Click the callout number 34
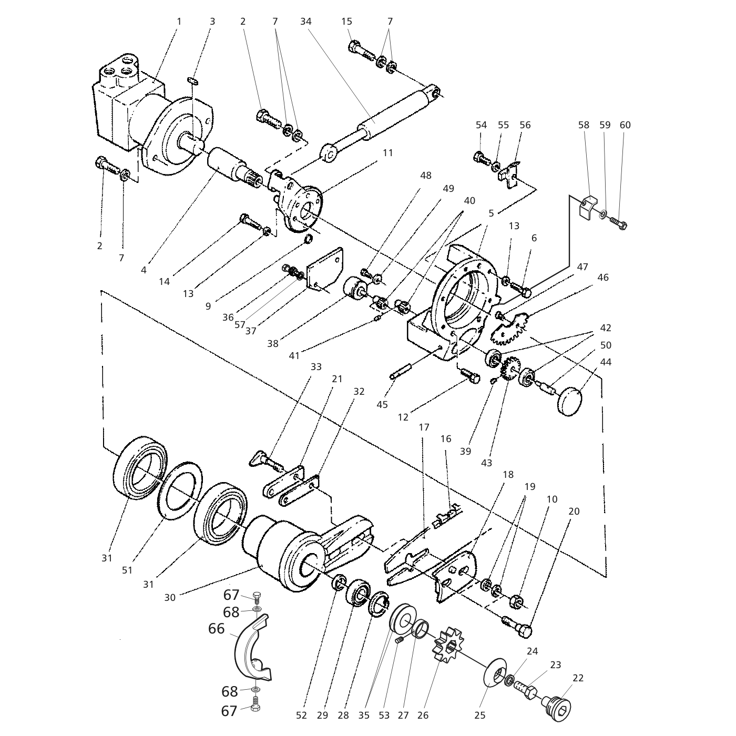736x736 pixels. tap(306, 22)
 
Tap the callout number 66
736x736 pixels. tap(217, 629)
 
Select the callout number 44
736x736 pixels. tap(606, 362)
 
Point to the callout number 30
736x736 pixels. tap(169, 598)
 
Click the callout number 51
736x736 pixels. tap(127, 570)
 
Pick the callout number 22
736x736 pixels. tap(578, 678)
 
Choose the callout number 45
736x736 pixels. tap(382, 404)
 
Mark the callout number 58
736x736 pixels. tap(584, 125)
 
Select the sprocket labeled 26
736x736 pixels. tap(445, 645)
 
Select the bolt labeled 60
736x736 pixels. tap(619, 223)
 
